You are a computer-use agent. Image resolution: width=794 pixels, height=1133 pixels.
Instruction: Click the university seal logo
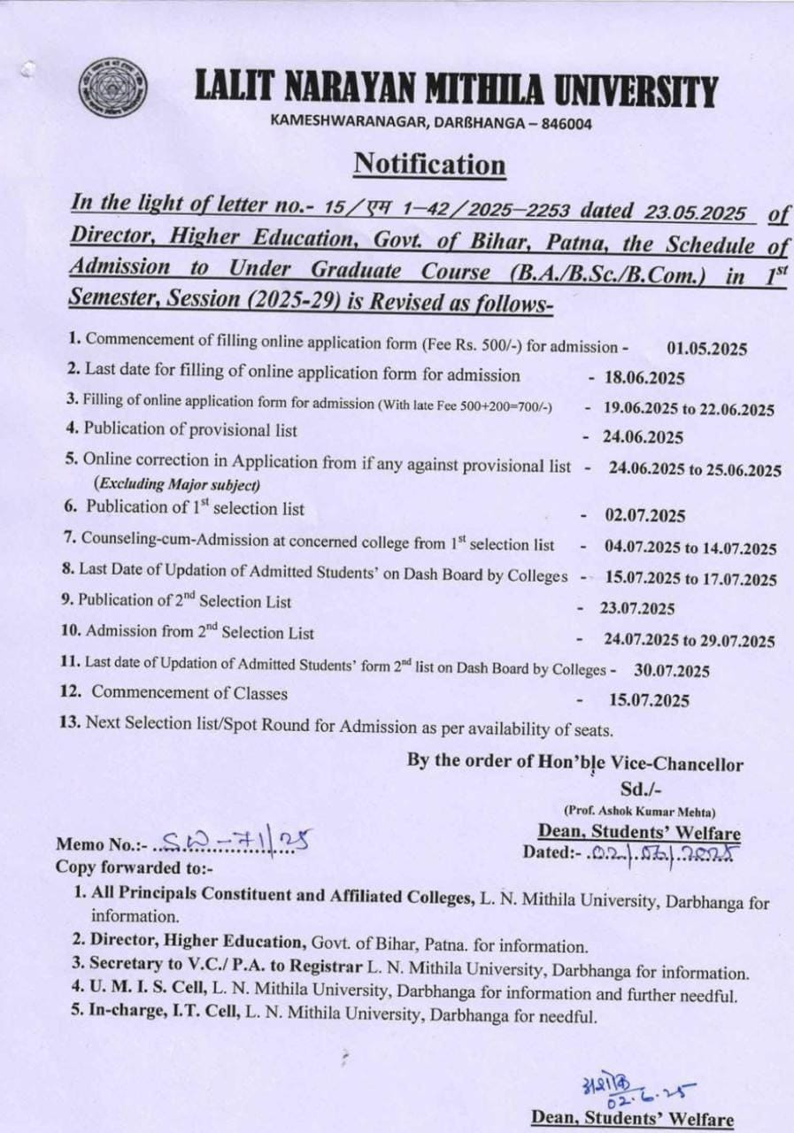point(112,88)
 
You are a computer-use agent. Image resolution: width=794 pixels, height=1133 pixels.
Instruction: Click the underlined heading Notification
point(429,165)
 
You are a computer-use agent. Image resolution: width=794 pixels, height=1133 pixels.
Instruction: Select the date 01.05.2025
point(706,348)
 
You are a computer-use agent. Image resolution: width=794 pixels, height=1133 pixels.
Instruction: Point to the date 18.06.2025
point(644,378)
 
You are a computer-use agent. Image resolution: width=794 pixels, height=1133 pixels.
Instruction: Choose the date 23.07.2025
point(637,609)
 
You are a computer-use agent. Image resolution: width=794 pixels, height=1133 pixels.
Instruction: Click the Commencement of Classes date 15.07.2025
point(649,700)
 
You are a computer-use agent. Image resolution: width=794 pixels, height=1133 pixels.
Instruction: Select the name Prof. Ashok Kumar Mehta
point(640,811)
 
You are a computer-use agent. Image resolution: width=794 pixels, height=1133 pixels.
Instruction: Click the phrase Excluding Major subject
point(177,484)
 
